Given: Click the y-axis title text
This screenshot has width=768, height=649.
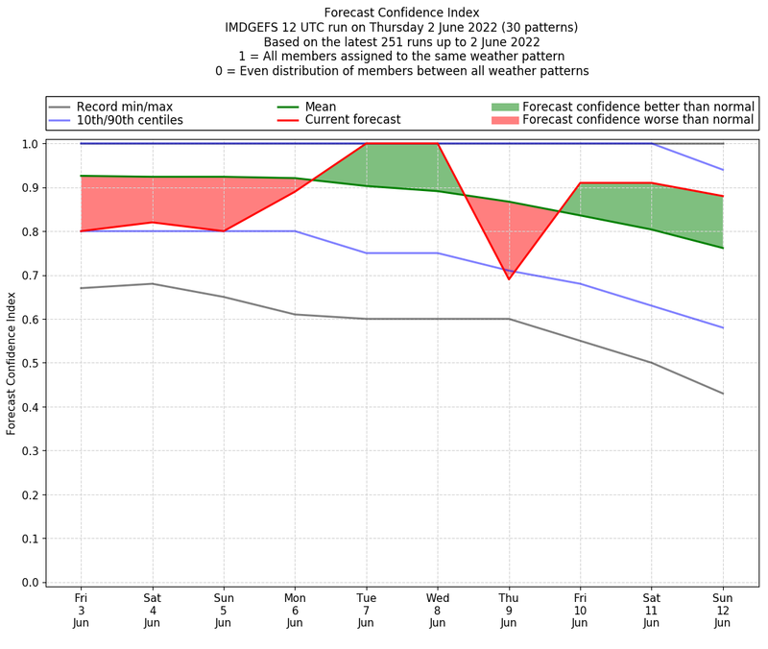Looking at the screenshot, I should [x=12, y=363].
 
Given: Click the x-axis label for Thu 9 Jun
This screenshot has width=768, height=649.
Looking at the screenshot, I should [x=509, y=609].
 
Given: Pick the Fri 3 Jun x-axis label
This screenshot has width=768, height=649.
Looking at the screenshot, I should [x=81, y=609].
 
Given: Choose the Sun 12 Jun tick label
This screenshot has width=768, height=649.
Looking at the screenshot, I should [x=723, y=609].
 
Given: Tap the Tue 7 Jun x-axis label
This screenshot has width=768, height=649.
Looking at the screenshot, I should [x=366, y=609].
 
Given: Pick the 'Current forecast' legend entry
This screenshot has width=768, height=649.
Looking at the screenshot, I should [x=352, y=120].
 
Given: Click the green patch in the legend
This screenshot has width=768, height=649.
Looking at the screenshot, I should [x=504, y=107].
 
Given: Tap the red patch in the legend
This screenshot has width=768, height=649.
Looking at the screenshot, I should [x=504, y=120].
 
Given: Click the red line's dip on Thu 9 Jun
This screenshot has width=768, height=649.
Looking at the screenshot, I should [x=509, y=279].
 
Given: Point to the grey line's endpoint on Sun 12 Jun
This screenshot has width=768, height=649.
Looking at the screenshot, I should [x=723, y=394].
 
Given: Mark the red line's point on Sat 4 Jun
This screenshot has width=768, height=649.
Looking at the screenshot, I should [x=152, y=223].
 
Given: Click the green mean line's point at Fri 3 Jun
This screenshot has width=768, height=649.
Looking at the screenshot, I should [x=81, y=176].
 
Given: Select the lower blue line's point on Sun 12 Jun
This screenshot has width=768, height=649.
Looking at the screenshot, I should [x=723, y=327].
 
